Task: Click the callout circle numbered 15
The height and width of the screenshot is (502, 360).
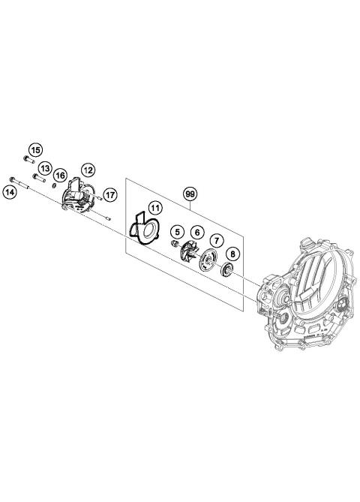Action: point(36,149)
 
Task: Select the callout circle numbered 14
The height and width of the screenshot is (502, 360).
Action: point(10,193)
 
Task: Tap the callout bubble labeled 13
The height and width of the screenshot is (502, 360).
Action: point(44,168)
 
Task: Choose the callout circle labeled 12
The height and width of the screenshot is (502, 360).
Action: point(88,170)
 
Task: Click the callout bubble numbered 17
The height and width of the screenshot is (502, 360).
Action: point(109,195)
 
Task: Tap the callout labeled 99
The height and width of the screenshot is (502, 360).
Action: point(190,194)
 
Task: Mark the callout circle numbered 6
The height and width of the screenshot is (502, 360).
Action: point(195,233)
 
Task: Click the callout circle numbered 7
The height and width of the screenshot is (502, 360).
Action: point(215,241)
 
